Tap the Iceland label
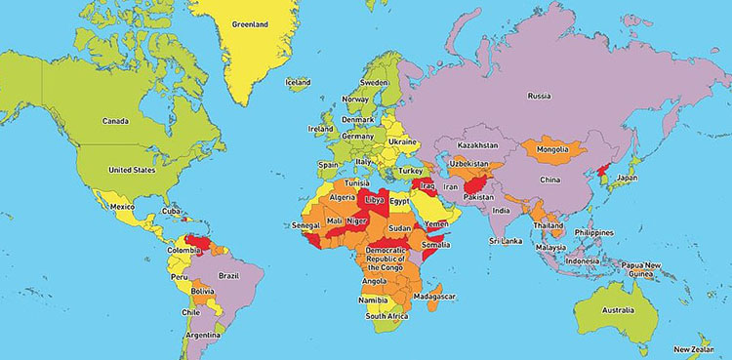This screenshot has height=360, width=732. [x=298, y=83]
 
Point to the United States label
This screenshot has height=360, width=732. [x=132, y=170]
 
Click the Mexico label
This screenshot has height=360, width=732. [x=122, y=207]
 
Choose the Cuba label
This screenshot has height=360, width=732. [x=172, y=210]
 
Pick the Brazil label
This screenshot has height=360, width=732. [x=228, y=276]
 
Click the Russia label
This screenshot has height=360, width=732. [x=539, y=96]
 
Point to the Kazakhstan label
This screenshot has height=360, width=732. [x=478, y=145]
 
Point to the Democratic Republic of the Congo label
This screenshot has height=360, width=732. [x=385, y=259]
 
